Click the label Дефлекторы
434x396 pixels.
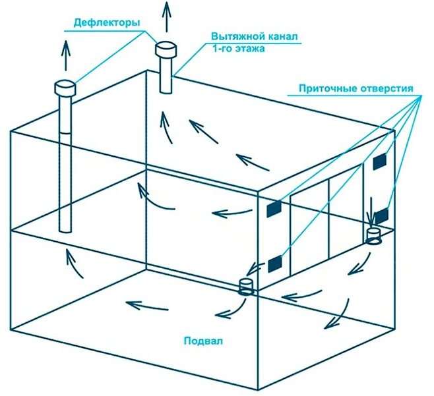(107, 22)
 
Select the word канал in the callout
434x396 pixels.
(283, 36)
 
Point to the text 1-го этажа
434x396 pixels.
(238, 49)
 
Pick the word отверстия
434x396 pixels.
(387, 89)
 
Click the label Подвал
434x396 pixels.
(203, 341)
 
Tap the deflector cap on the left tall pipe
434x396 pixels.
(65, 88)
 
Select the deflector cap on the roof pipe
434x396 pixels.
(166, 49)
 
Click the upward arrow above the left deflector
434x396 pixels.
(65, 55)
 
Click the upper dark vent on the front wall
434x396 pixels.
(274, 208)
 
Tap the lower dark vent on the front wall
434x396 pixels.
(275, 264)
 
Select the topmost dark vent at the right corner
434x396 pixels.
(379, 161)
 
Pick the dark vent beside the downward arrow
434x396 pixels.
(382, 216)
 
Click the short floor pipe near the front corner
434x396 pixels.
(245, 287)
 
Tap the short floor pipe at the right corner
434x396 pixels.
(373, 237)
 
